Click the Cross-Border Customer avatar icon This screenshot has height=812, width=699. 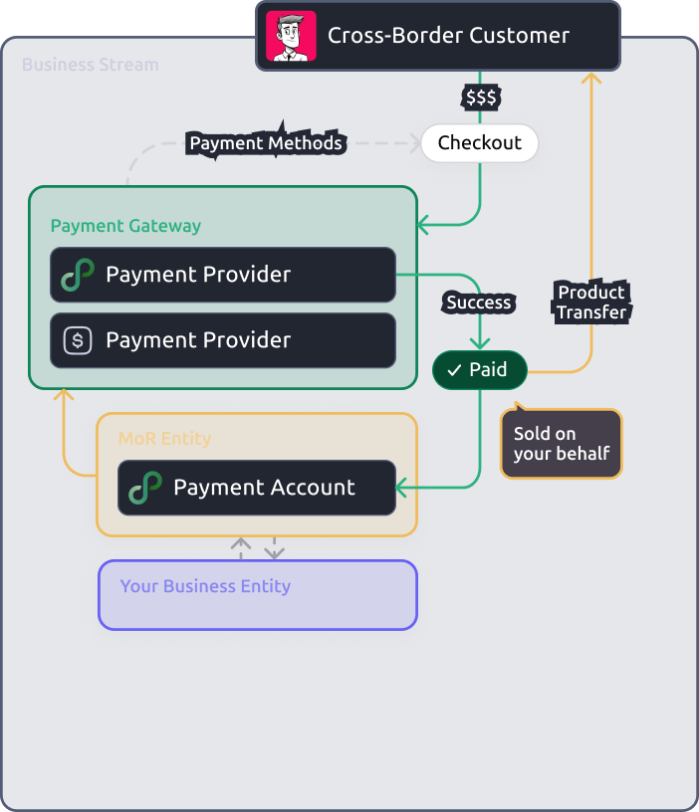292,36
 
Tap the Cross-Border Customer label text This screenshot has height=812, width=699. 448,36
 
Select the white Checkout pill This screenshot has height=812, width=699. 479,143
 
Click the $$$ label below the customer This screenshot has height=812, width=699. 481,98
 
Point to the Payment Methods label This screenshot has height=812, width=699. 266,143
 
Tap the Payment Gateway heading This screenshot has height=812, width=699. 125,226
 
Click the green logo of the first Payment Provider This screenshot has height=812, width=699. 78,275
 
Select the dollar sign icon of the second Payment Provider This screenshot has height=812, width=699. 78,340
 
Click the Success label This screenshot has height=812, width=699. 479,303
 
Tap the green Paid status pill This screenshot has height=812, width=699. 479,370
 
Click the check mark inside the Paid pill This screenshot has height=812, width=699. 453,370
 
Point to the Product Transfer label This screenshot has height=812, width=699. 591,302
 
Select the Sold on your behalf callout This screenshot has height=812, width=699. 561,445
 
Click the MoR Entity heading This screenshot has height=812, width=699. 164,438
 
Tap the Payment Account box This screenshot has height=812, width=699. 257,488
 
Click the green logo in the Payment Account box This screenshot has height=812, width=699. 145,488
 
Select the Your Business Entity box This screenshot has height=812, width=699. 257,595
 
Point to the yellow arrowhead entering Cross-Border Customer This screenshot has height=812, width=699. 592,77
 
